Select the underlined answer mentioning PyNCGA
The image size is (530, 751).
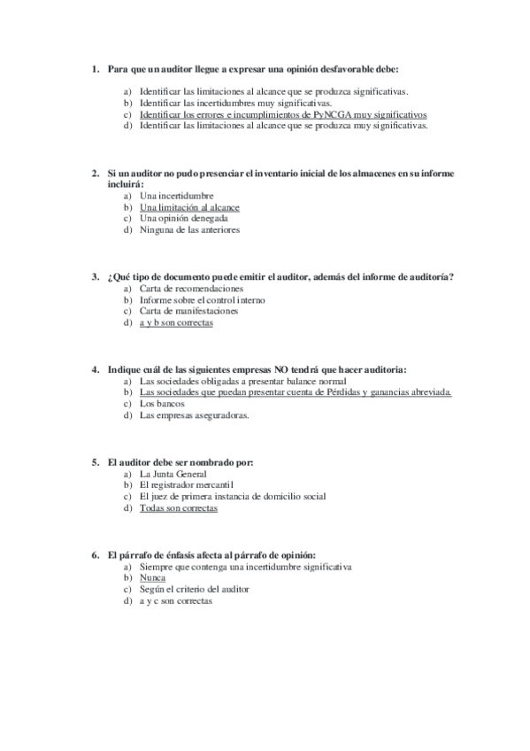coord(283,114)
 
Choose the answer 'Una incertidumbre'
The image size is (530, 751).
coord(177,196)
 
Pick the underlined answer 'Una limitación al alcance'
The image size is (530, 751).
coord(189,207)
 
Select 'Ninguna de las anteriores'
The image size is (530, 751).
coord(189,229)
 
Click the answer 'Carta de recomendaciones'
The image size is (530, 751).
coord(191,289)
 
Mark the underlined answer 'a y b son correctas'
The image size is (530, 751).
coord(176,323)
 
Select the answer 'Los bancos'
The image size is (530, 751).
coord(162,403)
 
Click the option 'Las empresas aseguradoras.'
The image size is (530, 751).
coord(194,414)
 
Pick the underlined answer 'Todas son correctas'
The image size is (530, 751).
coord(178,508)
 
